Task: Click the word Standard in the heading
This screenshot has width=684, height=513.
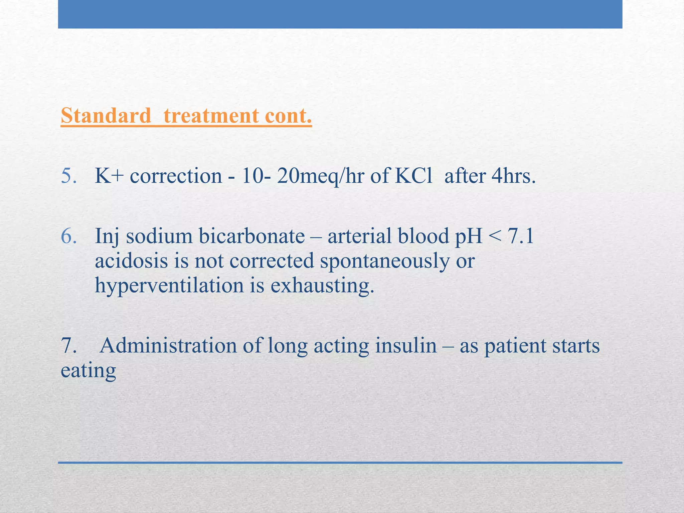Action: coord(106,116)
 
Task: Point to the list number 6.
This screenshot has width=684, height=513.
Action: coord(68,236)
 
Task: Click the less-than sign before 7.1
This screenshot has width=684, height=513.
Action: coord(494,236)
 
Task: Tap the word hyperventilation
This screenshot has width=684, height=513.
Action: coord(169,286)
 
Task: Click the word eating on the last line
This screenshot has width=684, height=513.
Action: coord(88,371)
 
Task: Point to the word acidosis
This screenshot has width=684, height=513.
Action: coord(131,261)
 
